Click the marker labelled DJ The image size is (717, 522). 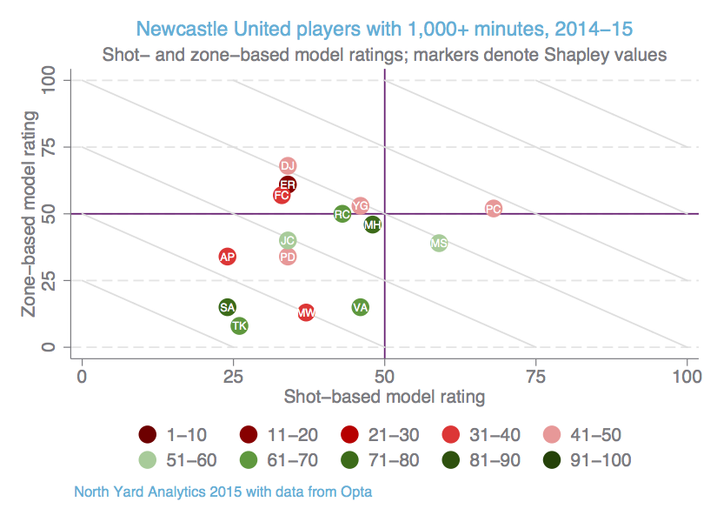click(289, 166)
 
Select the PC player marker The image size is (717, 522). click(494, 209)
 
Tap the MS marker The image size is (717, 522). click(439, 244)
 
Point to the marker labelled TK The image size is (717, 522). click(239, 326)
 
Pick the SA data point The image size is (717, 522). click(228, 307)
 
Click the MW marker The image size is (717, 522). click(306, 312)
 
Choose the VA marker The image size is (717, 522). click(361, 307)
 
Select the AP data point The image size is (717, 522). click(228, 257)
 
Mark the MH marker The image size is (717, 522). click(373, 224)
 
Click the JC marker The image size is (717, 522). click(289, 240)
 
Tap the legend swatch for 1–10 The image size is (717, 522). click(149, 435)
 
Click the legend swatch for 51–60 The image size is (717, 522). click(149, 460)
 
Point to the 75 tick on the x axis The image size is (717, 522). click(536, 376)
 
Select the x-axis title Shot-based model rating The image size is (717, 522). click(385, 398)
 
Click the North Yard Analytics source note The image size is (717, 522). click(223, 492)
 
